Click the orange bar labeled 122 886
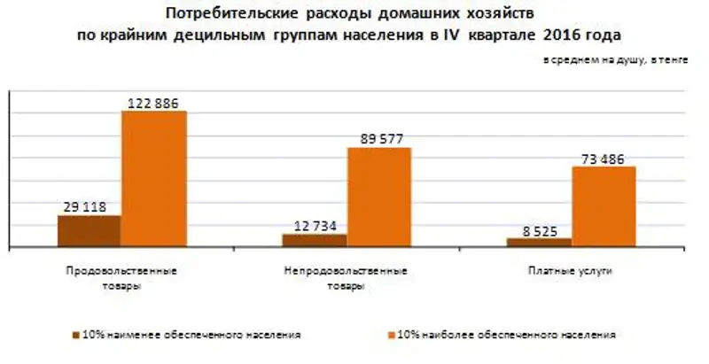coord(153,178)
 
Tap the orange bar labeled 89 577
coord(378,197)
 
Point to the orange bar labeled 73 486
coord(604,205)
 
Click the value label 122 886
coord(153,103)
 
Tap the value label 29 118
coord(85,207)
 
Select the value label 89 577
coord(378,139)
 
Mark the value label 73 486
coord(604,159)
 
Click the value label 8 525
coord(539,230)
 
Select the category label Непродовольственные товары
coord(347,277)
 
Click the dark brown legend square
coord(75,336)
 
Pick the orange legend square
coord(390,336)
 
